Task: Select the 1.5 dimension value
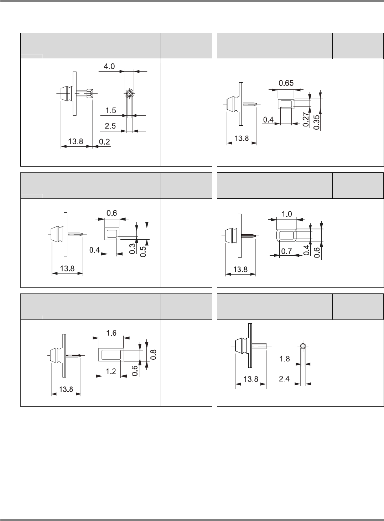(111, 110)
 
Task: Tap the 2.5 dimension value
(111, 126)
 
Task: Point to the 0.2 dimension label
(104, 142)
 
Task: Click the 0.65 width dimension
(286, 84)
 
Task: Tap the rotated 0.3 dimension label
(132, 249)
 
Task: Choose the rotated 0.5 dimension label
(143, 249)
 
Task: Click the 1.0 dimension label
(287, 214)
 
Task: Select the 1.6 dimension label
(111, 333)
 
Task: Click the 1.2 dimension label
(111, 371)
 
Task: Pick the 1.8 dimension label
(285, 359)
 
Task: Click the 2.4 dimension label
(285, 379)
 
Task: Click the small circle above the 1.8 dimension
(302, 345)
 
